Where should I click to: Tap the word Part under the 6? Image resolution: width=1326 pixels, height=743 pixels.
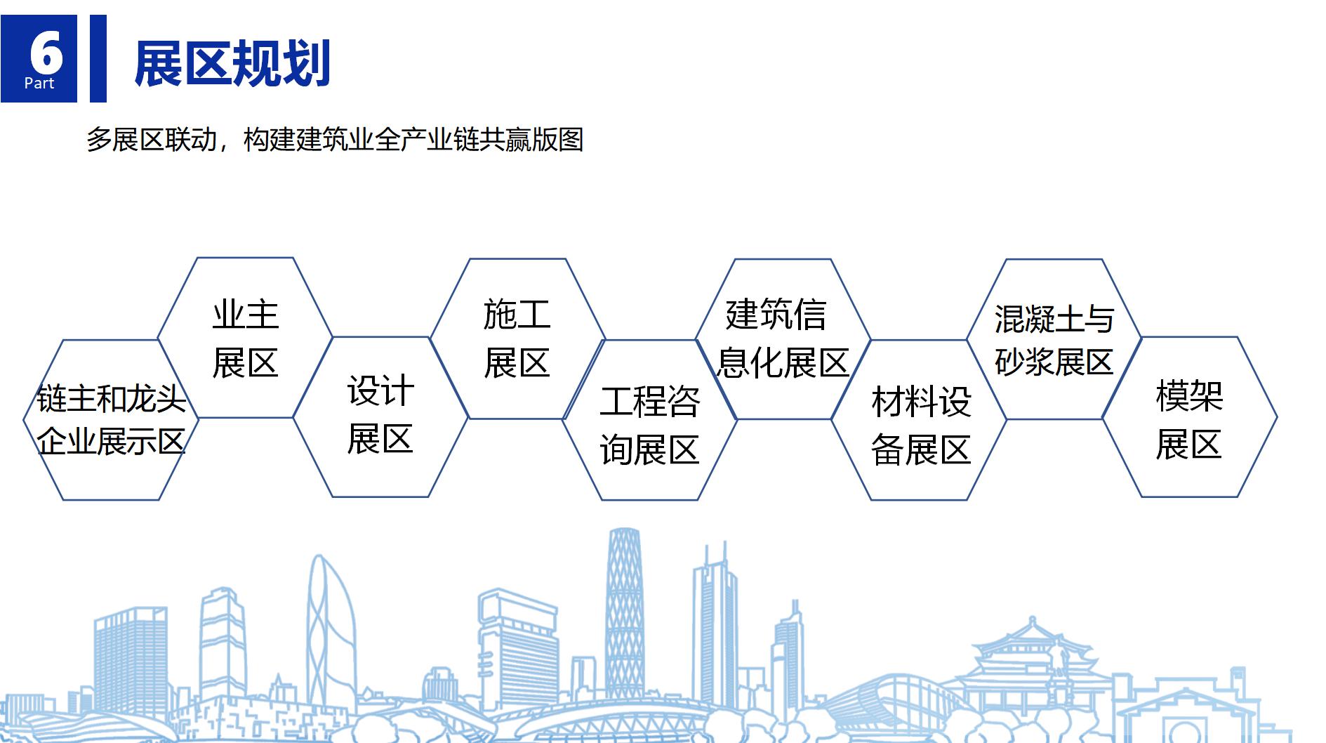pyautogui.click(x=39, y=83)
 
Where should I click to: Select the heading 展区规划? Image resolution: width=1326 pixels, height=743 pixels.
pyautogui.click(x=232, y=64)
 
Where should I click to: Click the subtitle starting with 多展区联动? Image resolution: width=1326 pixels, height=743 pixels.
pyautogui.click(x=335, y=140)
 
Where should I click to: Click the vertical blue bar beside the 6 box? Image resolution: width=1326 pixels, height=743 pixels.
pyautogui.click(x=98, y=58)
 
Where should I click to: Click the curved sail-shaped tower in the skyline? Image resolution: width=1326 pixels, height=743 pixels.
pyautogui.click(x=327, y=625)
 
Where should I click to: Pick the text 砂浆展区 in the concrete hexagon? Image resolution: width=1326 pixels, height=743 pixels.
pyautogui.click(x=1054, y=362)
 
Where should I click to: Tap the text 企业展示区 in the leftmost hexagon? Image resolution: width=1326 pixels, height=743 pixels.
pyautogui.click(x=111, y=442)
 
